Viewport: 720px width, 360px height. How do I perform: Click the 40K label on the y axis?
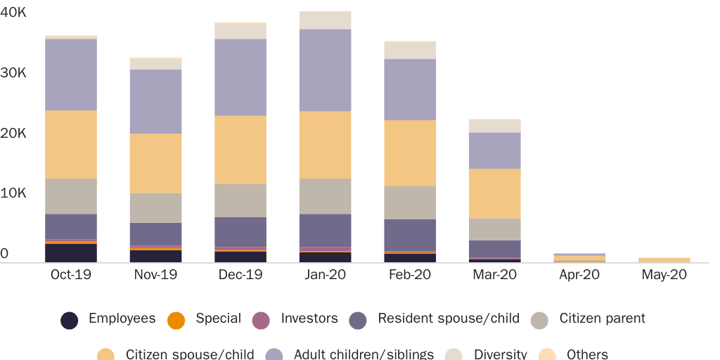click(x=13, y=12)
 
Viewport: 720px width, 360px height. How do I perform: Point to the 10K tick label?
click(x=13, y=193)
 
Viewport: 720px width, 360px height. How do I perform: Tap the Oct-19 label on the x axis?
click(x=71, y=275)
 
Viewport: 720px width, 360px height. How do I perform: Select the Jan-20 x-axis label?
click(x=325, y=275)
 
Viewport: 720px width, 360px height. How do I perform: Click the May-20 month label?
click(x=664, y=275)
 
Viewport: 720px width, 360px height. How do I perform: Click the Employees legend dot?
click(x=69, y=321)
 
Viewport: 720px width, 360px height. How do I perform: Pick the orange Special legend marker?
click(x=176, y=321)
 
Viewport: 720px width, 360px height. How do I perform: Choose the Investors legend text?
click(x=309, y=319)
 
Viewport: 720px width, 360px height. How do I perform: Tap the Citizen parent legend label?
click(x=602, y=319)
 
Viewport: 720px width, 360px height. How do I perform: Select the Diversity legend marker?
click(x=454, y=355)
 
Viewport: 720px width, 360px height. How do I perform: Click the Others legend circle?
click(x=547, y=355)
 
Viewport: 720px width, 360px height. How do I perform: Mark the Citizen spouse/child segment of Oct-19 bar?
click(x=71, y=144)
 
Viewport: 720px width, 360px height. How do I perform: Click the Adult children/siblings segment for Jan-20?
click(x=325, y=70)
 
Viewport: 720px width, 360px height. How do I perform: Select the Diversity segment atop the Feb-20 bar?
click(x=410, y=50)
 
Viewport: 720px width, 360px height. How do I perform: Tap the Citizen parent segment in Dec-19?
click(x=240, y=200)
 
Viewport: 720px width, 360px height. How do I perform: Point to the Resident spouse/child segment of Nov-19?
click(x=156, y=234)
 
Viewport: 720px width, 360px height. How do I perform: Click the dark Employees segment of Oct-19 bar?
click(x=71, y=253)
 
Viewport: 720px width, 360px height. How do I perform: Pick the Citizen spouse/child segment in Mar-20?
click(x=495, y=193)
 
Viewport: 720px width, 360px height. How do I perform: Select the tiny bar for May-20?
click(x=664, y=260)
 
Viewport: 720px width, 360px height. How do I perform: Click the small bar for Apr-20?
click(x=579, y=258)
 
